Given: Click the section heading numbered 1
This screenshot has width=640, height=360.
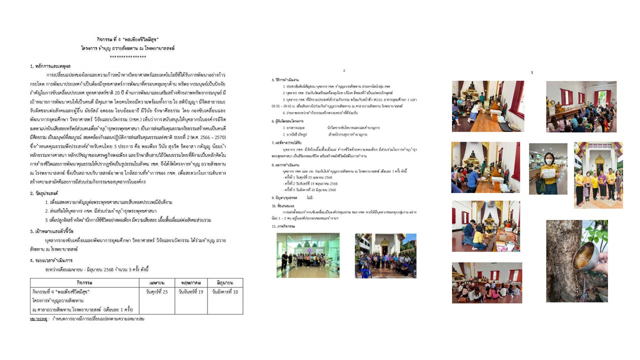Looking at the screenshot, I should tap(50, 66).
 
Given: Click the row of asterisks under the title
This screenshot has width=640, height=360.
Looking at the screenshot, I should tap(127, 57).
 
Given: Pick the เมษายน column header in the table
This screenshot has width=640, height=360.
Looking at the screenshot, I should tap(156, 282).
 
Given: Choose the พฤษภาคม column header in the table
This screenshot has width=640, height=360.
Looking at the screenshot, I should tap(190, 282).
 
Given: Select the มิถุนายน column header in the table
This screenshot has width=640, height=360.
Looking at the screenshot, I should tap(225, 282).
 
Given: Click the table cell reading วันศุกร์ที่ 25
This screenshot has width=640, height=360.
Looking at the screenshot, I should tap(156, 291).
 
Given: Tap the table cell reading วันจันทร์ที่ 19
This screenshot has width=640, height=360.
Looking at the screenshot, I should tap(190, 291).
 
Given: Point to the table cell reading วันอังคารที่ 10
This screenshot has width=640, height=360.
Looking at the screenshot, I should tap(225, 291).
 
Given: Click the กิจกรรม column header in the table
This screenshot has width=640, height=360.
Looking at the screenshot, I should tap(84, 282).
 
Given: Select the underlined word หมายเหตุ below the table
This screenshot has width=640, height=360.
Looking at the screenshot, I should tap(38, 318).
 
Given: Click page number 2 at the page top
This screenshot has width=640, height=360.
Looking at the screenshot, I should tap(344, 71).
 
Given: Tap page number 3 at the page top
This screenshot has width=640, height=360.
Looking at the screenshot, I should tap(531, 72).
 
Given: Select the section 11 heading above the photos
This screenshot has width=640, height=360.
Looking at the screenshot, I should tap(284, 226).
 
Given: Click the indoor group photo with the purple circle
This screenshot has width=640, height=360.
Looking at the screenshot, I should tap(308, 255).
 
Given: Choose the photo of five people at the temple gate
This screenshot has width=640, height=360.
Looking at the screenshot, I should tap(598, 175).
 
